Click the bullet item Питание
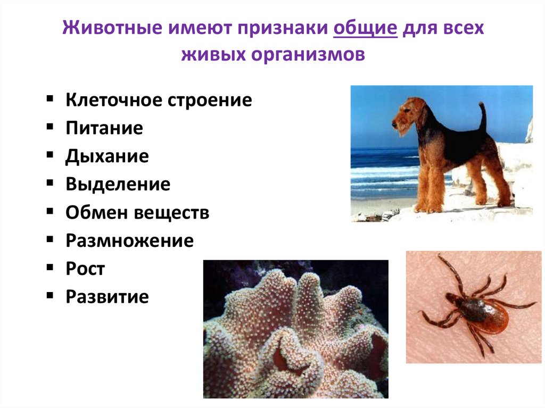(104, 128)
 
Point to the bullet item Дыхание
(107, 156)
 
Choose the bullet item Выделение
(118, 185)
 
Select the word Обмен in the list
(96, 213)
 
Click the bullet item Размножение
(129, 241)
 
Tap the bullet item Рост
(85, 269)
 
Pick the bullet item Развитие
(107, 297)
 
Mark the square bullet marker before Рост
(49, 268)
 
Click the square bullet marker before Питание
(49, 127)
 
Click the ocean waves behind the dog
(378, 170)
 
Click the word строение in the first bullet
(210, 101)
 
